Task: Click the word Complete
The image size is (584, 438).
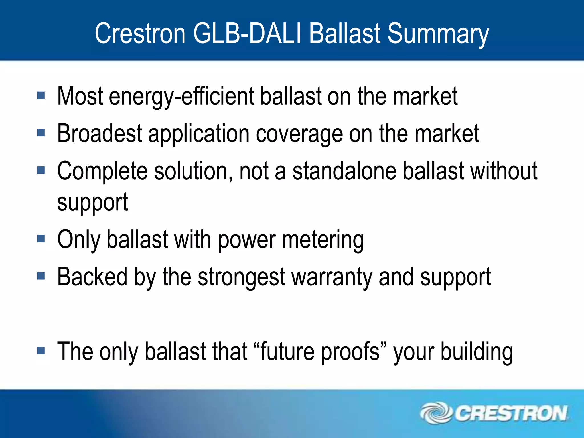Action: click(102, 171)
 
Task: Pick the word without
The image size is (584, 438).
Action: click(504, 171)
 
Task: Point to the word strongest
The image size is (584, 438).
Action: click(242, 277)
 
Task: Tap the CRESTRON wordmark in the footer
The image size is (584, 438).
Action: click(510, 413)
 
